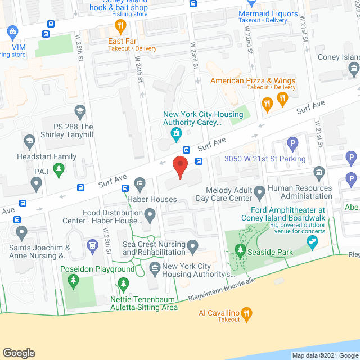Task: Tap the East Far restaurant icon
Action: coord(120,25)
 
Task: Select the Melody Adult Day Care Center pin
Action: coord(260,193)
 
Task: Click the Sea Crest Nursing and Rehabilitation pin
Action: coord(193,245)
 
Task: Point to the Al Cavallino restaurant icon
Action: coord(246,313)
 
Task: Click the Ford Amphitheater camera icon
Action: coord(310,242)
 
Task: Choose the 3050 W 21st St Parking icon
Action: coord(292,145)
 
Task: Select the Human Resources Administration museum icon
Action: coord(319,172)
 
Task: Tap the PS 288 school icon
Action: coord(79,110)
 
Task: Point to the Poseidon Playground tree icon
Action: coord(123,282)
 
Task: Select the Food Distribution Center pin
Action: coord(150,214)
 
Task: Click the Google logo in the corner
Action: coord(19,353)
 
